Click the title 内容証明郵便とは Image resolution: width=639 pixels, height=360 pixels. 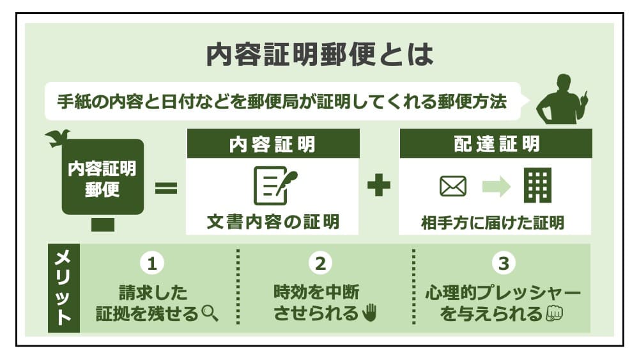tap(319, 56)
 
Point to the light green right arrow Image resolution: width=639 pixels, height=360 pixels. tap(496, 186)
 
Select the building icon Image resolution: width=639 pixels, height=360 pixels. tap(537, 186)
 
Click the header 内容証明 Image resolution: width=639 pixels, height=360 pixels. tap(273, 144)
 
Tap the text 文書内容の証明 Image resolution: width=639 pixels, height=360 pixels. tap(273, 222)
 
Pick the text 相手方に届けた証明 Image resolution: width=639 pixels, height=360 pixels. tap(493, 223)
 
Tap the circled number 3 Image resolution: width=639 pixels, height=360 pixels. tap(503, 262)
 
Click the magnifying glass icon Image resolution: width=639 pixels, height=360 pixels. tap(210, 313)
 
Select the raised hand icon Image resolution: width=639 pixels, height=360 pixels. tap(370, 313)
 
